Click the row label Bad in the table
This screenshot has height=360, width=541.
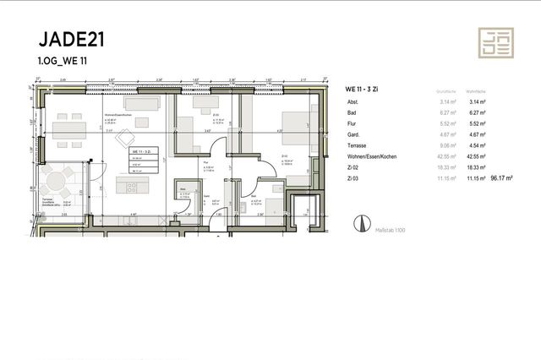(x=351, y=112)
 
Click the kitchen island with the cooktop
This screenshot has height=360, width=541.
(x=136, y=187)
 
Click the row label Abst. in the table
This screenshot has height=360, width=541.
(x=352, y=102)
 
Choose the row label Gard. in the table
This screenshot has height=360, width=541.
(x=353, y=133)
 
